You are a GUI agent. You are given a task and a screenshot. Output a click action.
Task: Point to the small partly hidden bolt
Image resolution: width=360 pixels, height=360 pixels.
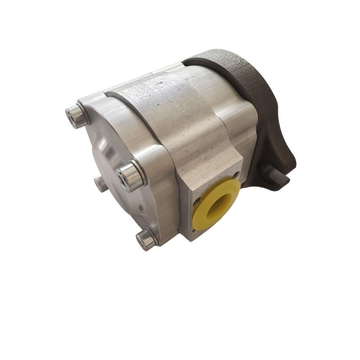point(100,184)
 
